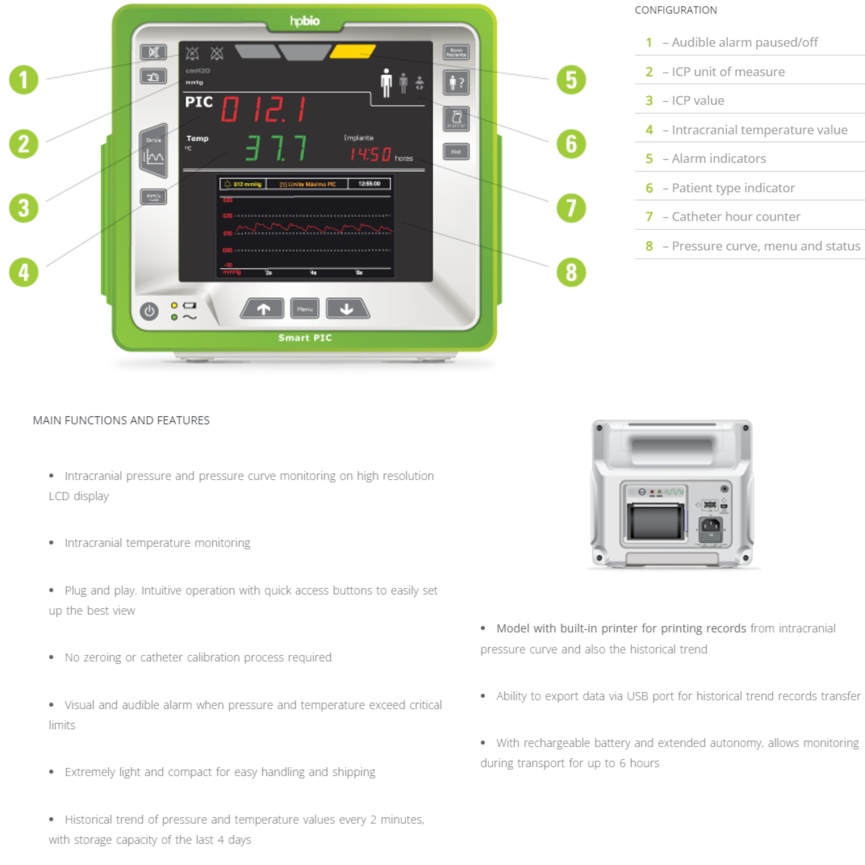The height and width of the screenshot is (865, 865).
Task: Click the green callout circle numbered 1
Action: (24, 80)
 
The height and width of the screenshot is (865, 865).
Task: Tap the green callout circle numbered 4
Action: (24, 272)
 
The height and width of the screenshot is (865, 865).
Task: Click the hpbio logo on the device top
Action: (305, 20)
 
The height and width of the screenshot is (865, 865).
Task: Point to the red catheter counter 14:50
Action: (371, 155)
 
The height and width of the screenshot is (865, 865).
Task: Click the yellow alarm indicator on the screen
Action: (353, 52)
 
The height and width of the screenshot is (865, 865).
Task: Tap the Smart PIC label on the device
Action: (305, 338)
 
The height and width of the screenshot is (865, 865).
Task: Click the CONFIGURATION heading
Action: (676, 10)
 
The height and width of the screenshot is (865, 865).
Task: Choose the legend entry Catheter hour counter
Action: (736, 217)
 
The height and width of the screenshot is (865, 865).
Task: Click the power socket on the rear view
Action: (710, 528)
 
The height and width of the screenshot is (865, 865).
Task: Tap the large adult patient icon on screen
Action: (386, 83)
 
